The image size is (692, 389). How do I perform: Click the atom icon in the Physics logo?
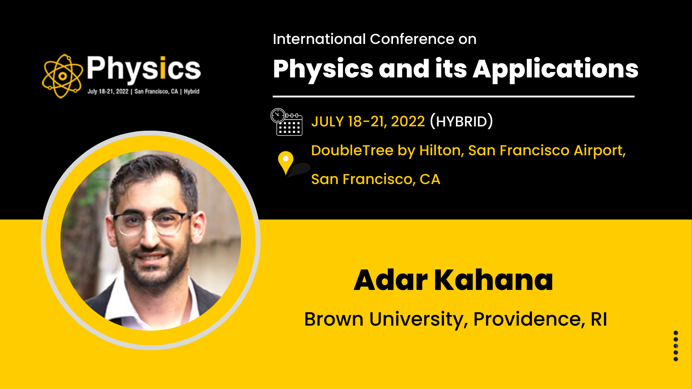[x=62, y=76]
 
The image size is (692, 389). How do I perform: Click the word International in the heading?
[x=319, y=39]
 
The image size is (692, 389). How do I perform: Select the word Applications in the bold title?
[x=555, y=70]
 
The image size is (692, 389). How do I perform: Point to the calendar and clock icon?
[x=287, y=122]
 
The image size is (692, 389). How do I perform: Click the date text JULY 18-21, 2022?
[x=368, y=122]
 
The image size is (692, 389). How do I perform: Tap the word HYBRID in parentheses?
[x=462, y=122]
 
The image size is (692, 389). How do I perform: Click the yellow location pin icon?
[x=285, y=162]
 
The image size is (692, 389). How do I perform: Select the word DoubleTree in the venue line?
[x=352, y=150]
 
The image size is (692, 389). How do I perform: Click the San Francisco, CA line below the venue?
[x=376, y=179]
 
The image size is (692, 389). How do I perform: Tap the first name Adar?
[x=391, y=280]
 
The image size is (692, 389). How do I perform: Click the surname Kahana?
[x=493, y=280]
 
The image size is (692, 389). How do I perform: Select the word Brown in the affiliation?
[x=334, y=319]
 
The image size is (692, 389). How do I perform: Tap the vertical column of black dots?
[x=676, y=346]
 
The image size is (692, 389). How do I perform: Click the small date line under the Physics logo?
[x=143, y=91]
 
